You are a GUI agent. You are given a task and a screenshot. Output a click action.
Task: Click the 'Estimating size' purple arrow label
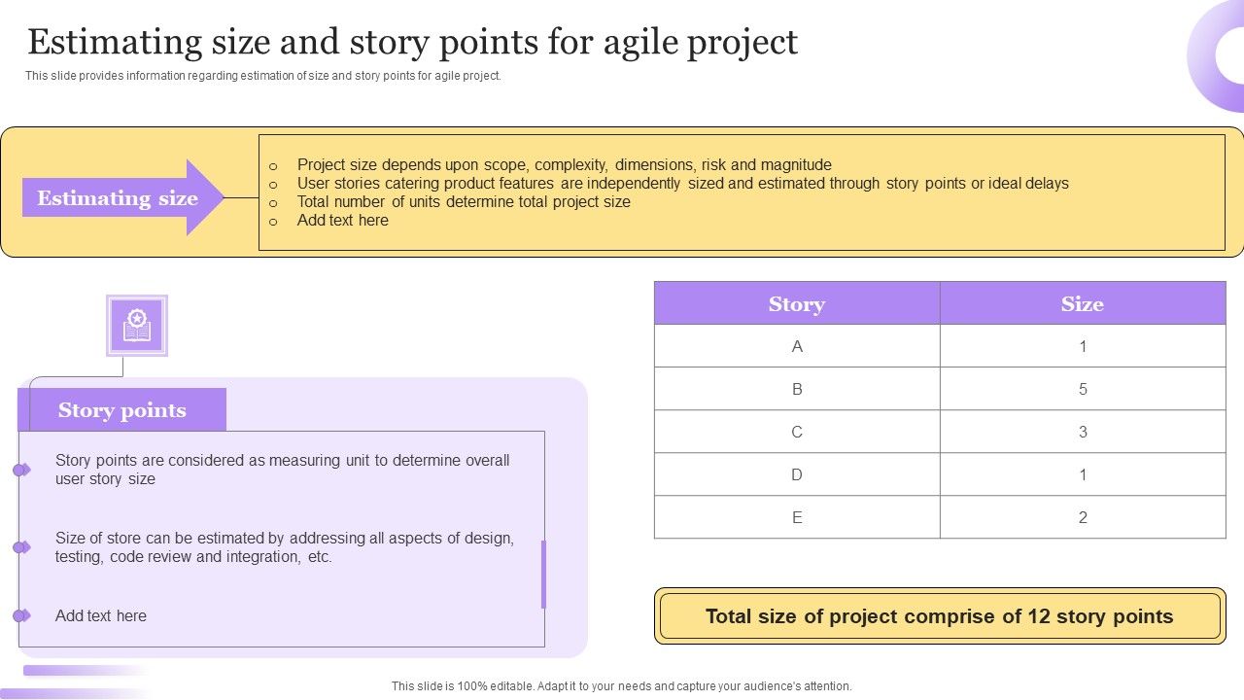118,198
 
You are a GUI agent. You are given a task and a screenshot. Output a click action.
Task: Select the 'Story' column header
796,304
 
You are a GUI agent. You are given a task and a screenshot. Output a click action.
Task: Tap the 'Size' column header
1082,304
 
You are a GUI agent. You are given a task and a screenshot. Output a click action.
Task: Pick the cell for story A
797,346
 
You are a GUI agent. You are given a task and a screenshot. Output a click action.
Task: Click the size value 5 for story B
1083,389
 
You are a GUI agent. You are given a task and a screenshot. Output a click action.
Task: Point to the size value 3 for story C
1083,432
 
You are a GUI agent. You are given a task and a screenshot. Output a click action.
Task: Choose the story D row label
797,474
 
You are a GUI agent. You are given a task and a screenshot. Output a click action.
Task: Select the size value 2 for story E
1083,517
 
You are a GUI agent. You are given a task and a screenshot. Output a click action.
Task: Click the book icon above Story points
137,326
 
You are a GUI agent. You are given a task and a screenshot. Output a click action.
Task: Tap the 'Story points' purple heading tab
121,410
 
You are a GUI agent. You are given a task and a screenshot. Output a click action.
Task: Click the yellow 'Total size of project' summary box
939,616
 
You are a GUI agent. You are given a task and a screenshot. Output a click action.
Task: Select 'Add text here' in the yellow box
342,221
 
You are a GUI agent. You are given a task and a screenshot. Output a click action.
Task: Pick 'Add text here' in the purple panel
101,615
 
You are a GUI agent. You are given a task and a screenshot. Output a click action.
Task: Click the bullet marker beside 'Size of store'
20,547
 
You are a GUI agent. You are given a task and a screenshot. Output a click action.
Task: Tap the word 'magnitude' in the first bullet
796,165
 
